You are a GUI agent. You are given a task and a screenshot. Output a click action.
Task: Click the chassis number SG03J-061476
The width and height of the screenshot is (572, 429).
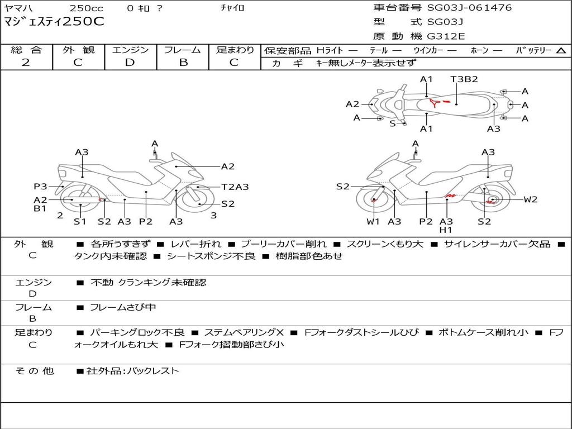click(469, 7)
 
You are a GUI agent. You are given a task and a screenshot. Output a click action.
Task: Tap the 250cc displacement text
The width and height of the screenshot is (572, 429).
click(87, 8)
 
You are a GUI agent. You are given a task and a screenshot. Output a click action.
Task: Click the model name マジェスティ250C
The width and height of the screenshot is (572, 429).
click(54, 21)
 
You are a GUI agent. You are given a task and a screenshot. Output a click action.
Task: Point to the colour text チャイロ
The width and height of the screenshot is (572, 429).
click(232, 8)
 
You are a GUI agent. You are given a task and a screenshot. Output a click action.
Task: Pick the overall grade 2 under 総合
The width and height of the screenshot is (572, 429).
click(26, 63)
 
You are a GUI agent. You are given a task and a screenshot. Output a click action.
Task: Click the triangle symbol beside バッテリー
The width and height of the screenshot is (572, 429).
click(561, 50)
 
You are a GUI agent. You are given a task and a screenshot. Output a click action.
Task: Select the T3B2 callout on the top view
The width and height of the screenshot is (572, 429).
click(464, 79)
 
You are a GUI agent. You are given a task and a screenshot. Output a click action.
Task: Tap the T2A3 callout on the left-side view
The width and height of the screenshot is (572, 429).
click(235, 187)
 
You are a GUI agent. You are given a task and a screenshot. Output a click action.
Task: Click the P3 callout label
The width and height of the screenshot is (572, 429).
click(40, 187)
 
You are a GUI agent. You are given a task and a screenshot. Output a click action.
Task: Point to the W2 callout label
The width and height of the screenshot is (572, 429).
click(531, 199)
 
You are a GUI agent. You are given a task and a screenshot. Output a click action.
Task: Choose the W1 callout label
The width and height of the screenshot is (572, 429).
click(373, 221)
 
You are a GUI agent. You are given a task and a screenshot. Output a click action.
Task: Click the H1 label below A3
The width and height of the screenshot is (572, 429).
click(446, 230)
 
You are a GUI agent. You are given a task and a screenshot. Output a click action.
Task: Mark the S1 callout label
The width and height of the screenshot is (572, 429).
click(80, 221)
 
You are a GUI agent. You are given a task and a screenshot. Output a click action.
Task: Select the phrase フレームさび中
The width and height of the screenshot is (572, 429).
click(123, 308)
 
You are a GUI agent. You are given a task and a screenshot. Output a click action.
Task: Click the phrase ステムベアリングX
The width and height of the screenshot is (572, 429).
click(244, 332)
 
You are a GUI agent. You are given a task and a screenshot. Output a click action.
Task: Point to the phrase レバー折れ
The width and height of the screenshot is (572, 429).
click(196, 244)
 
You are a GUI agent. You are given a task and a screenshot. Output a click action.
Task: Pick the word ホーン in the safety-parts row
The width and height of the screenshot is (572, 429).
click(479, 50)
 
